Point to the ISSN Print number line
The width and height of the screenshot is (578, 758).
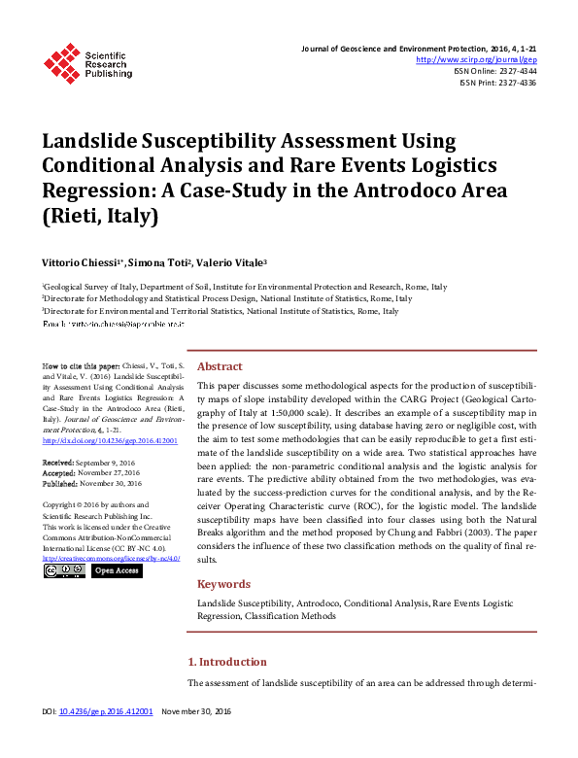pos(498,83)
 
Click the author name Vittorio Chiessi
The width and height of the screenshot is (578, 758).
pos(82,262)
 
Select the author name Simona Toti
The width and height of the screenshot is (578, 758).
pos(158,262)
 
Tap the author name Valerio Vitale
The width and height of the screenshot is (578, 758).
pos(231,262)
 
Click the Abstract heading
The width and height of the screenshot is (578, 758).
pos(220,367)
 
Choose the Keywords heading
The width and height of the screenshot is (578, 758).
pos(223,584)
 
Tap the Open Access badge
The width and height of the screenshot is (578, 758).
pos(117,570)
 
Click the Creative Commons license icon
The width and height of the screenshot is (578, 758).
pos(64,570)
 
